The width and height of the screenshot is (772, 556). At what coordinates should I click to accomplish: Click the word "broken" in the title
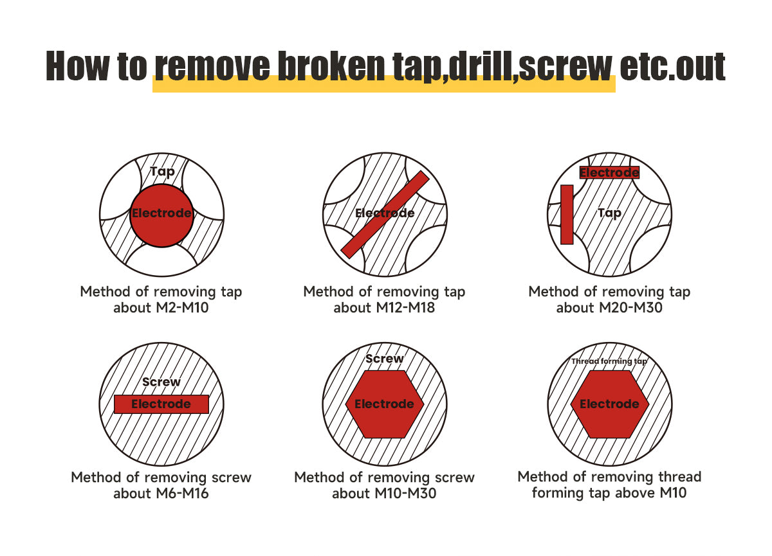point(331,66)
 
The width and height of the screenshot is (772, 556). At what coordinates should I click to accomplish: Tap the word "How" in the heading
point(78,66)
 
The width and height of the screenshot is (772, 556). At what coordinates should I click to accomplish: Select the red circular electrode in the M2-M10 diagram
point(161,215)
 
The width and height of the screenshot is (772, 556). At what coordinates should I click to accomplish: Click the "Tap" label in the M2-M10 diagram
point(163,172)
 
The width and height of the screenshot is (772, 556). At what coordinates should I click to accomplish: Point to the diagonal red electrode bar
point(385,215)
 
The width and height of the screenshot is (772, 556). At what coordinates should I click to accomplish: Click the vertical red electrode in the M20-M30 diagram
point(567,215)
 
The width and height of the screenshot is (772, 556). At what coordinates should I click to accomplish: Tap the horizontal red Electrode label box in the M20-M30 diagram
point(609,172)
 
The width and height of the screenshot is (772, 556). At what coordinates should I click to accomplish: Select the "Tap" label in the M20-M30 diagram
point(609,213)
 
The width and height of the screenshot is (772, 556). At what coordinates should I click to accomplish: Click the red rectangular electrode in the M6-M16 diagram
point(161,404)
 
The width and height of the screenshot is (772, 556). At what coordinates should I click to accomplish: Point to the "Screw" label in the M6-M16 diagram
point(161,382)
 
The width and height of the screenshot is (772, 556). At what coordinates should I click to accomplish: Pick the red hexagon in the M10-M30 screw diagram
point(384,404)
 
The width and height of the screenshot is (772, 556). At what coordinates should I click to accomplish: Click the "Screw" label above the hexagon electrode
point(384,359)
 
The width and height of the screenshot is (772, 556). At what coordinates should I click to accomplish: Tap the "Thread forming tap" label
point(609,361)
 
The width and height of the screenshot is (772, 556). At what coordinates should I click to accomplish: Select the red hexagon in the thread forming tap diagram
point(610,404)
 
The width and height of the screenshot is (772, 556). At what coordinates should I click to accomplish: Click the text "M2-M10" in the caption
point(182,307)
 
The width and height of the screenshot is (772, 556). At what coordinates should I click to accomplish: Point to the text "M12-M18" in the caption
point(405,307)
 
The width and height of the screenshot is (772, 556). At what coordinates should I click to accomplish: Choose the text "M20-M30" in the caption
point(630,307)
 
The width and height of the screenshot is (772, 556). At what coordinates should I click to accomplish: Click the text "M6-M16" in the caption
point(182,494)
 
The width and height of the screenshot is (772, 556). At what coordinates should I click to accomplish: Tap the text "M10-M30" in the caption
point(405,494)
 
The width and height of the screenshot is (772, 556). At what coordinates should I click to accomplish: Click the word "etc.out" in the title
point(672,67)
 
